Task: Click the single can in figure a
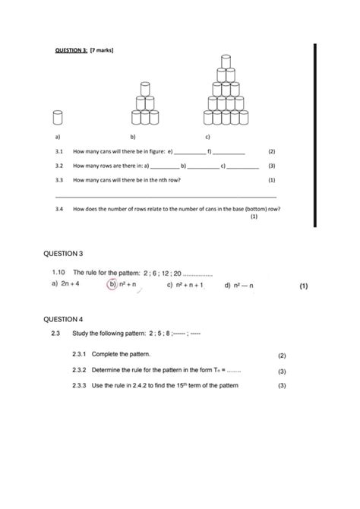tap(57, 117)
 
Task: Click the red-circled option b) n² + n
tap(122, 285)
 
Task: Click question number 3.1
tap(58, 152)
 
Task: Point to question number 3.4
tap(58, 208)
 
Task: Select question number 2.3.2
tap(80, 371)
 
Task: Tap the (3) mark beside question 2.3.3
tap(281, 386)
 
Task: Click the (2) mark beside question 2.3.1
tap(281, 355)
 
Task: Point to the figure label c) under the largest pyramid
tap(208, 138)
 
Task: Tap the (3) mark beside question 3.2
tap(272, 166)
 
